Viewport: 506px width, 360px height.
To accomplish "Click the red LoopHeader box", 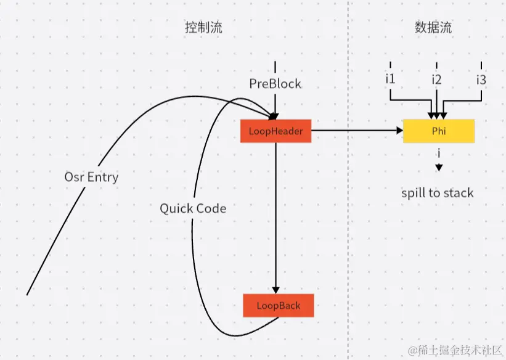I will tap(275, 131).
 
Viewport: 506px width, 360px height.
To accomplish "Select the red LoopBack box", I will tap(278, 306).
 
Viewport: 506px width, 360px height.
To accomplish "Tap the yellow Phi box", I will tap(438, 131).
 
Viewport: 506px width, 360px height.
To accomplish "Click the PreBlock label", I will tap(275, 83).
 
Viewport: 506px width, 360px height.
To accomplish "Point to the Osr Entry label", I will tap(91, 177).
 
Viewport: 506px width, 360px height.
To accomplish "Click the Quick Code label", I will tap(193, 208).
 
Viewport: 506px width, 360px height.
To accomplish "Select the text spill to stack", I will tap(438, 193).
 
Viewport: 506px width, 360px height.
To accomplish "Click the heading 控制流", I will tap(203, 28).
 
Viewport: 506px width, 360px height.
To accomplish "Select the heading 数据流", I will tap(433, 28).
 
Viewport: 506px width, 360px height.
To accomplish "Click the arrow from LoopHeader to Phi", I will tap(357, 131).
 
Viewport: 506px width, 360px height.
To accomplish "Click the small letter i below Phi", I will tap(438, 152).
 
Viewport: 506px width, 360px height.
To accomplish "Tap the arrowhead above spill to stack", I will tap(438, 167).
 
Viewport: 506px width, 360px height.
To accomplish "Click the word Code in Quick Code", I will tap(210, 208).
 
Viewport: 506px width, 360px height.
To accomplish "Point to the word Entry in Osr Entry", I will tap(103, 177).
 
